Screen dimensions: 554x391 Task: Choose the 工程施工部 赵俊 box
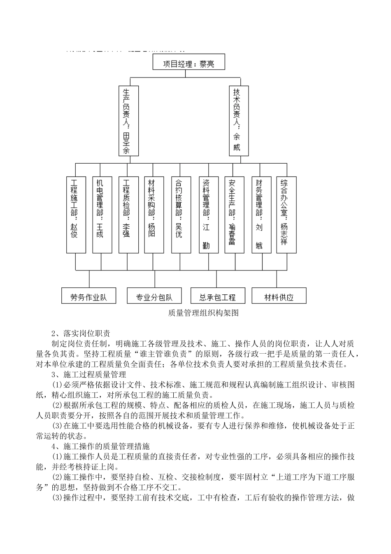[76, 215]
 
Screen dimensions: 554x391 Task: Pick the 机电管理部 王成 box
[102, 215]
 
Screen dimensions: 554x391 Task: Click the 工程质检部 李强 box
[128, 215]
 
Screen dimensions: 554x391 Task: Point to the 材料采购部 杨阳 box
[154, 215]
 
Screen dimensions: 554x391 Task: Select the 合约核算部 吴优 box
[180, 215]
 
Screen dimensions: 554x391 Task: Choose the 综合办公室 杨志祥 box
[286, 215]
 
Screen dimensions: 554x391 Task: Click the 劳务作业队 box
[88, 296]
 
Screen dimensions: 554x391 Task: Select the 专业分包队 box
[154, 296]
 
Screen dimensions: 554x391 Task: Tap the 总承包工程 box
[218, 296]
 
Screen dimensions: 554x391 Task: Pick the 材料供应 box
[279, 296]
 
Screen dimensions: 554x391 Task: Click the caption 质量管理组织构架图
[203, 313]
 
